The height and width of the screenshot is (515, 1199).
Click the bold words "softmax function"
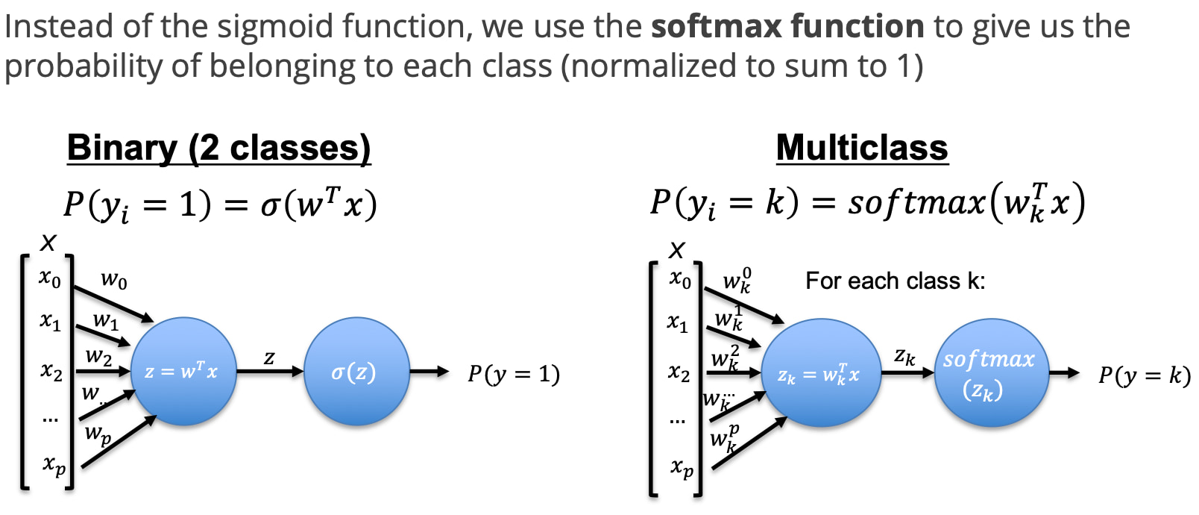pyautogui.click(x=788, y=26)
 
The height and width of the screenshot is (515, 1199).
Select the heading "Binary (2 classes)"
pyautogui.click(x=219, y=148)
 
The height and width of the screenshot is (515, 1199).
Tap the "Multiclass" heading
pyautogui.click(x=862, y=148)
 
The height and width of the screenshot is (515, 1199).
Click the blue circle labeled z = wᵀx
pyautogui.click(x=183, y=371)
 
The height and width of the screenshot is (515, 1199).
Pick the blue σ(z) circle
pyautogui.click(x=356, y=371)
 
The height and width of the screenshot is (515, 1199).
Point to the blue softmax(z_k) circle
pyautogui.click(x=991, y=372)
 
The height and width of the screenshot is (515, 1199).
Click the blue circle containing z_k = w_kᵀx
pyautogui.click(x=820, y=372)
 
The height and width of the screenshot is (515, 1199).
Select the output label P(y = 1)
pyautogui.click(x=514, y=373)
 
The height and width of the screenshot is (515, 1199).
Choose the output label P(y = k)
pyautogui.click(x=1145, y=375)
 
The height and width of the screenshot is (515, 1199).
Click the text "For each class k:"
pyautogui.click(x=896, y=281)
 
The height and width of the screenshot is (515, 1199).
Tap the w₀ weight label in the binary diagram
pyautogui.click(x=114, y=279)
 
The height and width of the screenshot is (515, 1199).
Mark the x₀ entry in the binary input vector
pyautogui.click(x=50, y=278)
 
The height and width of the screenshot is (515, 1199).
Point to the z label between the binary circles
pyautogui.click(x=269, y=358)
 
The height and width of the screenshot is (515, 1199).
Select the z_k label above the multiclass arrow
pyautogui.click(x=904, y=356)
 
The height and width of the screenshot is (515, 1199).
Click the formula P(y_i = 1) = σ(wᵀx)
pyautogui.click(x=220, y=205)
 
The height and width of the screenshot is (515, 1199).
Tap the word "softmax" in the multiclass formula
pyautogui.click(x=916, y=203)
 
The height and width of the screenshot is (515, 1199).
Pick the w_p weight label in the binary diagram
pyautogui.click(x=98, y=434)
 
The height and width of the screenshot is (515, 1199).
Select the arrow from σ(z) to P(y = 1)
pyautogui.click(x=429, y=371)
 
